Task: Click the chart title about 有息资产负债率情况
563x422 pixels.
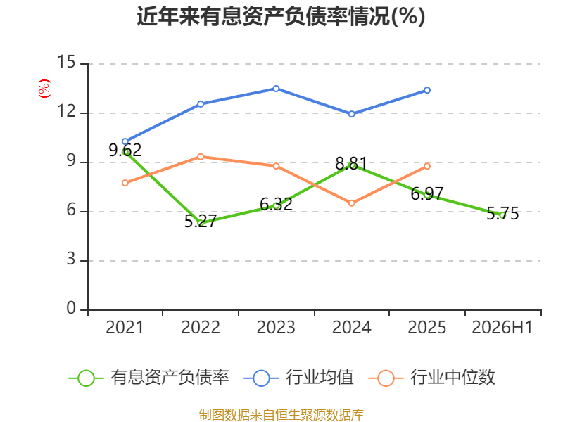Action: (281, 16)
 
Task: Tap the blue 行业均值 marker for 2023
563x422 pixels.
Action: (276, 89)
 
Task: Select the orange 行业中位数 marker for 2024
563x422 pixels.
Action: (351, 203)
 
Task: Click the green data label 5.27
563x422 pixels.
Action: (201, 221)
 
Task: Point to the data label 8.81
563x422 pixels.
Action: (351, 164)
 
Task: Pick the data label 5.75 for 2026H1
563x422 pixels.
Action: (502, 214)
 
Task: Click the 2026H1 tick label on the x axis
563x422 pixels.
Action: (502, 327)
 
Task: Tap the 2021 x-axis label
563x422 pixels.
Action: (125, 327)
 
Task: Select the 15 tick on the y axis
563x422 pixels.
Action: (66, 62)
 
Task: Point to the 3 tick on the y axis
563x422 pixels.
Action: (71, 259)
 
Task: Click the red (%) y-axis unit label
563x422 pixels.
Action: (44, 89)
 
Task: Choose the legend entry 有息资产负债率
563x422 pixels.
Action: (148, 378)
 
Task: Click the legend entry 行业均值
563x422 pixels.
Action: (298, 378)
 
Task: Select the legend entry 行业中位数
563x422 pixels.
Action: (432, 378)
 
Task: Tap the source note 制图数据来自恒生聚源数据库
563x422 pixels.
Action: (281, 415)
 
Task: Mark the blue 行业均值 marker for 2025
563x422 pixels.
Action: (427, 90)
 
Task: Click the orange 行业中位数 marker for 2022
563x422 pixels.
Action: (201, 157)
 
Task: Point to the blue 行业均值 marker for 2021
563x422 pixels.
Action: (125, 142)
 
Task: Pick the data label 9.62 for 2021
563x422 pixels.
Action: (125, 150)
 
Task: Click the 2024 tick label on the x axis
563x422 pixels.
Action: (351, 327)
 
